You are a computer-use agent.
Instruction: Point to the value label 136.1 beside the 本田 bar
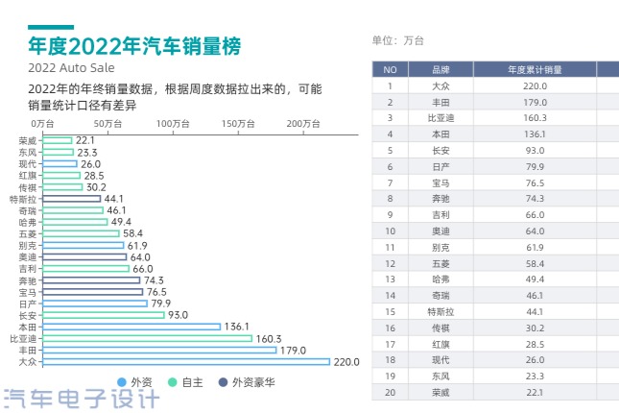click(237, 327)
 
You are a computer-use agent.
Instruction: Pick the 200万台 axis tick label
click(302, 124)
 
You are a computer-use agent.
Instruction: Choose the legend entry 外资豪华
click(246, 382)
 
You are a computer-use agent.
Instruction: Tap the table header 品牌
click(441, 70)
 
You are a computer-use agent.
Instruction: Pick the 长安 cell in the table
click(441, 150)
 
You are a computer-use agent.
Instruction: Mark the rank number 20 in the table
click(390, 392)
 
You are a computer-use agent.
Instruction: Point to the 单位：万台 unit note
click(397, 40)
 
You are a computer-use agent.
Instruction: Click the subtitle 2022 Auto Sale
click(72, 68)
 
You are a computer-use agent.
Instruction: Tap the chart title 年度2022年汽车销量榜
click(134, 45)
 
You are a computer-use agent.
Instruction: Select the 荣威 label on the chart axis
click(28, 140)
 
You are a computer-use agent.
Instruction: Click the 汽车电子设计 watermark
click(82, 398)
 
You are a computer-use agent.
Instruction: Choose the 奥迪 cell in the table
click(441, 231)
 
